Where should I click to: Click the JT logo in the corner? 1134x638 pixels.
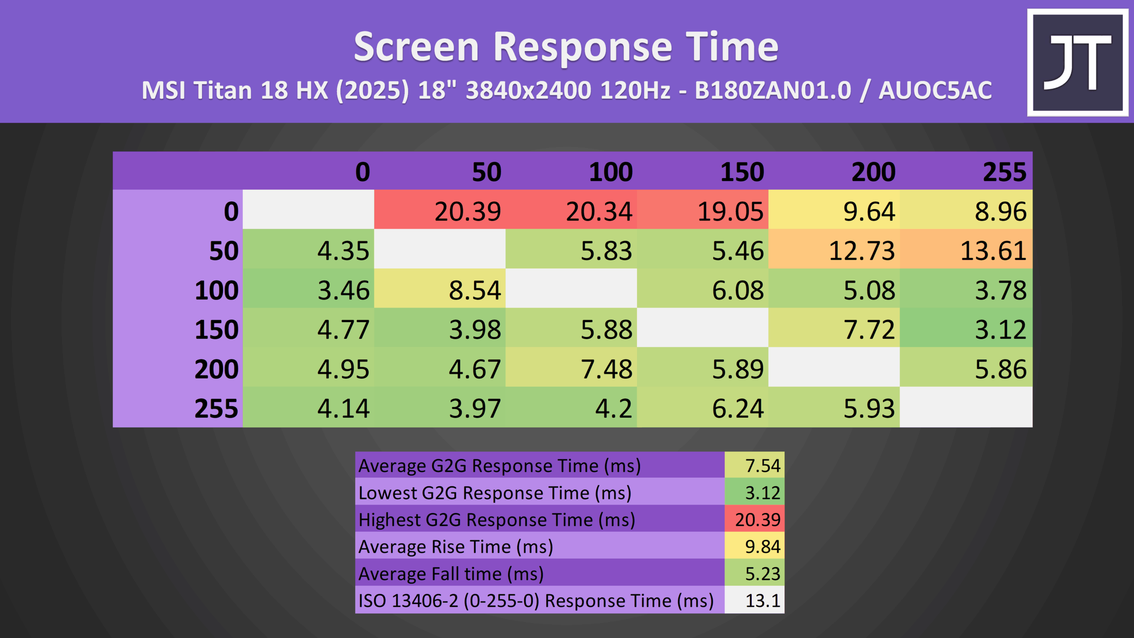pos(1078,62)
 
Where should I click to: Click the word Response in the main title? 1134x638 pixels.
pos(583,47)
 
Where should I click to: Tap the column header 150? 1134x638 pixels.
pos(742,172)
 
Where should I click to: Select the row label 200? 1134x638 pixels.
pos(217,369)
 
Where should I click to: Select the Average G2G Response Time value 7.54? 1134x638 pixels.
pos(754,465)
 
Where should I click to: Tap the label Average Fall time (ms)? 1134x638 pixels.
pos(451,574)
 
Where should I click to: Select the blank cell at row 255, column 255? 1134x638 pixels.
pos(966,407)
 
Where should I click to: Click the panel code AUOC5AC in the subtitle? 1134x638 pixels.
pos(935,90)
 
